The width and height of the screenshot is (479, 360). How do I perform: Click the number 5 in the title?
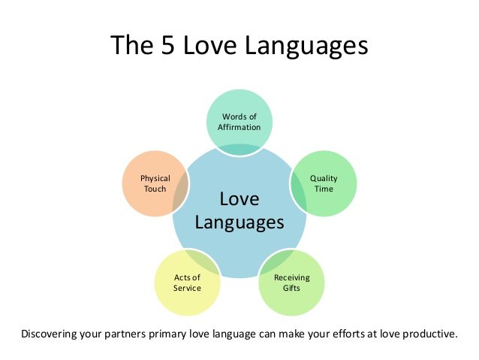coord(167,44)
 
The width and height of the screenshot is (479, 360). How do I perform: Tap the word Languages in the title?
coord(306,46)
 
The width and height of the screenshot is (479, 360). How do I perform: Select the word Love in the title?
coord(210,44)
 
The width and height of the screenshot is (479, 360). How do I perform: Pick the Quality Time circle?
coord(324,183)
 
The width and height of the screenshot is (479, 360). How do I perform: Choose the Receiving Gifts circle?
coord(291,283)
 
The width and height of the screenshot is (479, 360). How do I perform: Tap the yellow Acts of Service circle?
coord(187,283)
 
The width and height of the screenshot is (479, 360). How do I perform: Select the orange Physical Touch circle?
coord(155,183)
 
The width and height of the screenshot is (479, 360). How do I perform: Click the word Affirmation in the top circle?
coord(239,127)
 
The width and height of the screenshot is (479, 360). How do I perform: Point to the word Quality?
coord(324,179)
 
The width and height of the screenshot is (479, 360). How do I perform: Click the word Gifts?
coord(291,288)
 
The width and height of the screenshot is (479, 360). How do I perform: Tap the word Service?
coord(187,288)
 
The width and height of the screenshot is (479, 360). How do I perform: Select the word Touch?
coord(155,189)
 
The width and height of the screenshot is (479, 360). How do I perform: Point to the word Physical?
coord(155,179)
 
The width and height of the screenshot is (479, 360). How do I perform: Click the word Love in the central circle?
coord(239,199)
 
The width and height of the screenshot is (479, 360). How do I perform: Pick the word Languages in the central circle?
coord(239,223)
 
